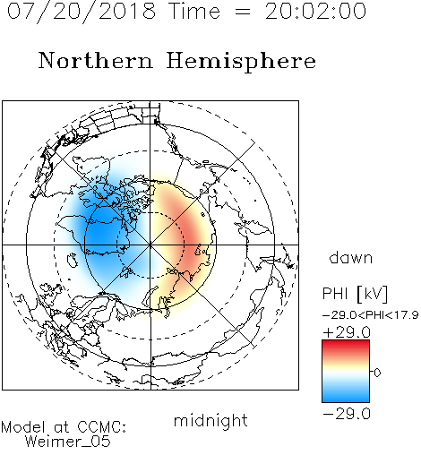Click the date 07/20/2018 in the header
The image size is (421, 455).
[x=82, y=12]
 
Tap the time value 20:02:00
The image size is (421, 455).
[x=315, y=12]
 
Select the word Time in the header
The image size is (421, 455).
[x=194, y=12]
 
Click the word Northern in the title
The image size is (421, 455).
[x=95, y=60]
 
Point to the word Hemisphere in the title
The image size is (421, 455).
[x=241, y=61]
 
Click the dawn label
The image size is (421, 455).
[x=351, y=257]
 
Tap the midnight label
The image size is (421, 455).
[x=210, y=420]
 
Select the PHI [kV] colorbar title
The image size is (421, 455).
[x=355, y=294]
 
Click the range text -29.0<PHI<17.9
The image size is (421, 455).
[x=370, y=314]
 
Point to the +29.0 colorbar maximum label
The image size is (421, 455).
[x=347, y=332]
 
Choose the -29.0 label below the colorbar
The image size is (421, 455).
[x=347, y=414]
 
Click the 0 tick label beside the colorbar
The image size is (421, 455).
[x=377, y=373]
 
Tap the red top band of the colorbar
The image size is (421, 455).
[x=346, y=347]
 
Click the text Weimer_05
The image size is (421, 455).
[x=67, y=442]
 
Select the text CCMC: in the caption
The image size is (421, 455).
[x=101, y=427]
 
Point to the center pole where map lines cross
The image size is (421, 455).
[x=150, y=245]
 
